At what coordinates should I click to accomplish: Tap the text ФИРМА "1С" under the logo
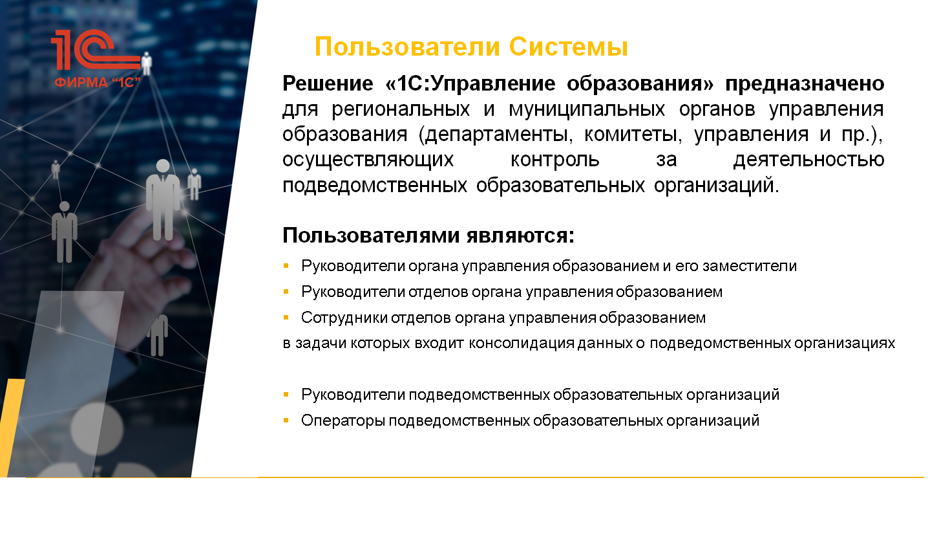[97, 82]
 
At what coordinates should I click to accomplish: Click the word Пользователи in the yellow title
[407, 47]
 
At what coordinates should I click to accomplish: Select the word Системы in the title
[568, 47]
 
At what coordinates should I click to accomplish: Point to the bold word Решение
[328, 83]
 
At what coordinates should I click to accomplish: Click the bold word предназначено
[805, 84]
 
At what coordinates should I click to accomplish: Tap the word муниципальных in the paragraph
[587, 110]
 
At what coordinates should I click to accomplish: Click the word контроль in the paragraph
[554, 160]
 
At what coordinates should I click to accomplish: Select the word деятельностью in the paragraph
[808, 160]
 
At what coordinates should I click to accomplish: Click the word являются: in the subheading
[520, 235]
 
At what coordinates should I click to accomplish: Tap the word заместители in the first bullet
[750, 267]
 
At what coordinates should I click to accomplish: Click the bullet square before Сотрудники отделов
[286, 317]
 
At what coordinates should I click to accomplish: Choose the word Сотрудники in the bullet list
[344, 318]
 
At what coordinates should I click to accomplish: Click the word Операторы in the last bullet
[343, 420]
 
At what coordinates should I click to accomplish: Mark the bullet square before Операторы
[286, 420]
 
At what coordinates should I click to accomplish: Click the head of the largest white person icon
[163, 166]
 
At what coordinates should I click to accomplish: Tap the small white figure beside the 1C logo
[147, 63]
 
